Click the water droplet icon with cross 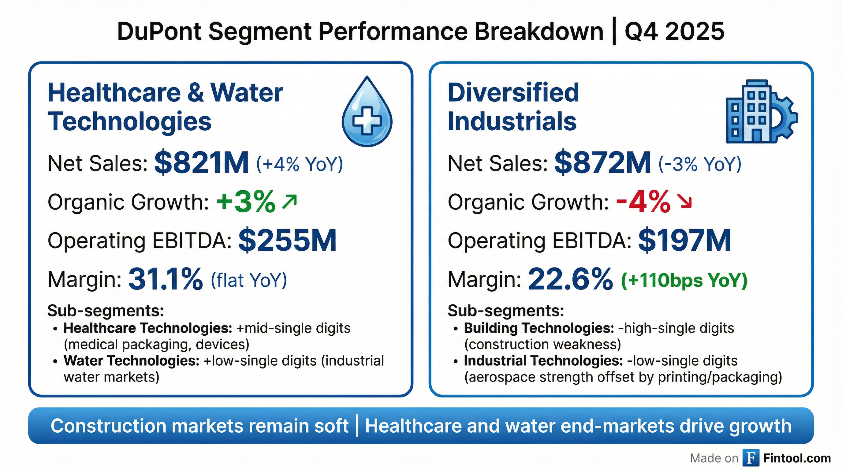367,113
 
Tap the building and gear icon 761,112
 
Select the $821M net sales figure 201,163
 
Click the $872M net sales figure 602,163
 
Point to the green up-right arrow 290,201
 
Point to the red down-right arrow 684,201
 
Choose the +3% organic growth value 246,202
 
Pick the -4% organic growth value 643,202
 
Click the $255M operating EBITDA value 287,241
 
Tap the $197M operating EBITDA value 684,241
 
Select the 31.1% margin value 166,279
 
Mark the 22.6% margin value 570,279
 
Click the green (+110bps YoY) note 684,280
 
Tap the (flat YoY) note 249,280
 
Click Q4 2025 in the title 674,32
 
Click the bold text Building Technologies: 539,328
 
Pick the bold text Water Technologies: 131,361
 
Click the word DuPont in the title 159,32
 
